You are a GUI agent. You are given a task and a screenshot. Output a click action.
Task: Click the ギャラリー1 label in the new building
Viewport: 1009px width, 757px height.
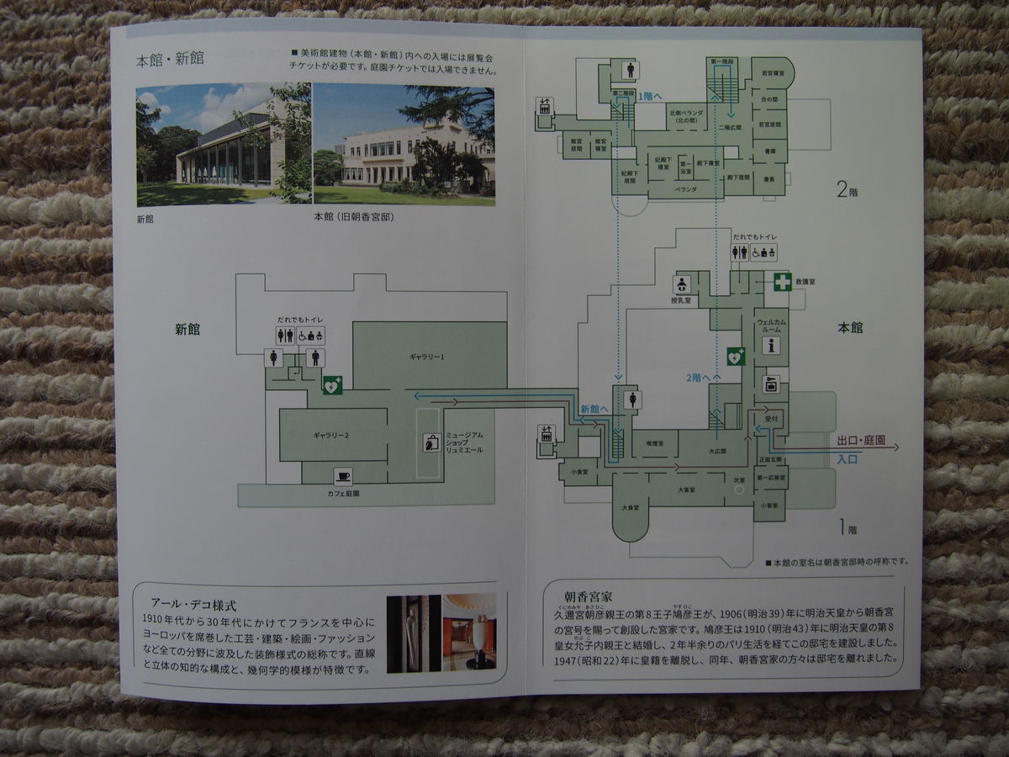click(x=426, y=357)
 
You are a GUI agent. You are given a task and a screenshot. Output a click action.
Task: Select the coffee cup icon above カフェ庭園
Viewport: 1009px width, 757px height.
click(x=342, y=477)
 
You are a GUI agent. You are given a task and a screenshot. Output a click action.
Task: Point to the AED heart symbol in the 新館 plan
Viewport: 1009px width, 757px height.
click(x=332, y=385)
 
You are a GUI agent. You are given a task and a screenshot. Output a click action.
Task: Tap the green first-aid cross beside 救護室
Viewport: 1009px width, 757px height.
click(x=783, y=282)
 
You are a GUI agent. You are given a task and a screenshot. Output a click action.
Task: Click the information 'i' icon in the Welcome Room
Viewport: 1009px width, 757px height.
click(x=771, y=345)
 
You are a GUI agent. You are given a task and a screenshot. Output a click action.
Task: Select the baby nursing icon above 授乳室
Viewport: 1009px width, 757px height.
click(x=681, y=284)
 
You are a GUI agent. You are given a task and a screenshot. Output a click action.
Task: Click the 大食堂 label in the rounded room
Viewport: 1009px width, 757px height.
click(x=630, y=508)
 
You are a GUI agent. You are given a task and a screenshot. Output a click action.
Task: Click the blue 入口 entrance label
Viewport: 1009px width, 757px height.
click(x=847, y=459)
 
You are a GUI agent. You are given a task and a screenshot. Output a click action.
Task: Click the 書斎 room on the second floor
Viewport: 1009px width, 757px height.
click(x=769, y=151)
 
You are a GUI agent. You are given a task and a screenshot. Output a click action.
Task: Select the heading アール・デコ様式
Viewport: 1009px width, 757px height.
click(x=193, y=604)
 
